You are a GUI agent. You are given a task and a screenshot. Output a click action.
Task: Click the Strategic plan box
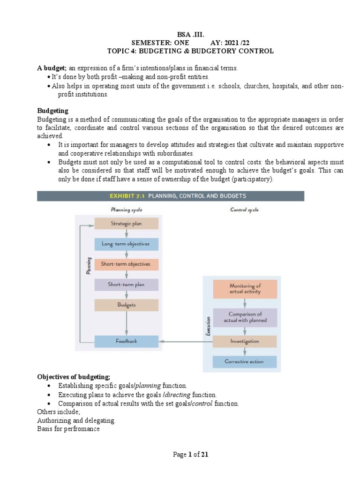126,224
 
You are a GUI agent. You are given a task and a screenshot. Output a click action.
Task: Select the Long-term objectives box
126,244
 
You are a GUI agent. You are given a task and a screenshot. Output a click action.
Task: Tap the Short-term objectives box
126,264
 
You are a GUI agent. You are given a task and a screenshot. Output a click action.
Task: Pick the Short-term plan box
126,285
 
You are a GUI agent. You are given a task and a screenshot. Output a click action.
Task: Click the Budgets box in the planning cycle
126,305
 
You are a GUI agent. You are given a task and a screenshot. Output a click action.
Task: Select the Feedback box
126,341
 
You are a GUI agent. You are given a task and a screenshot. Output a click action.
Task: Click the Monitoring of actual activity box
245,289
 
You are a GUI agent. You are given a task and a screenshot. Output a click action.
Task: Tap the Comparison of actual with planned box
245,317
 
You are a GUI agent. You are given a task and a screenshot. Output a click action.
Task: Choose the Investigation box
245,341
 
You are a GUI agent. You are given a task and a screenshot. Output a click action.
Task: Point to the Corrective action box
245,361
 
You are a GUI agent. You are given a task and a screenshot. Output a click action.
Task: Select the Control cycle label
244,210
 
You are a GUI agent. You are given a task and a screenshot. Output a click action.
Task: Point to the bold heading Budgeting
52,111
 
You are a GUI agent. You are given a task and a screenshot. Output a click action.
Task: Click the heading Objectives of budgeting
74,377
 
